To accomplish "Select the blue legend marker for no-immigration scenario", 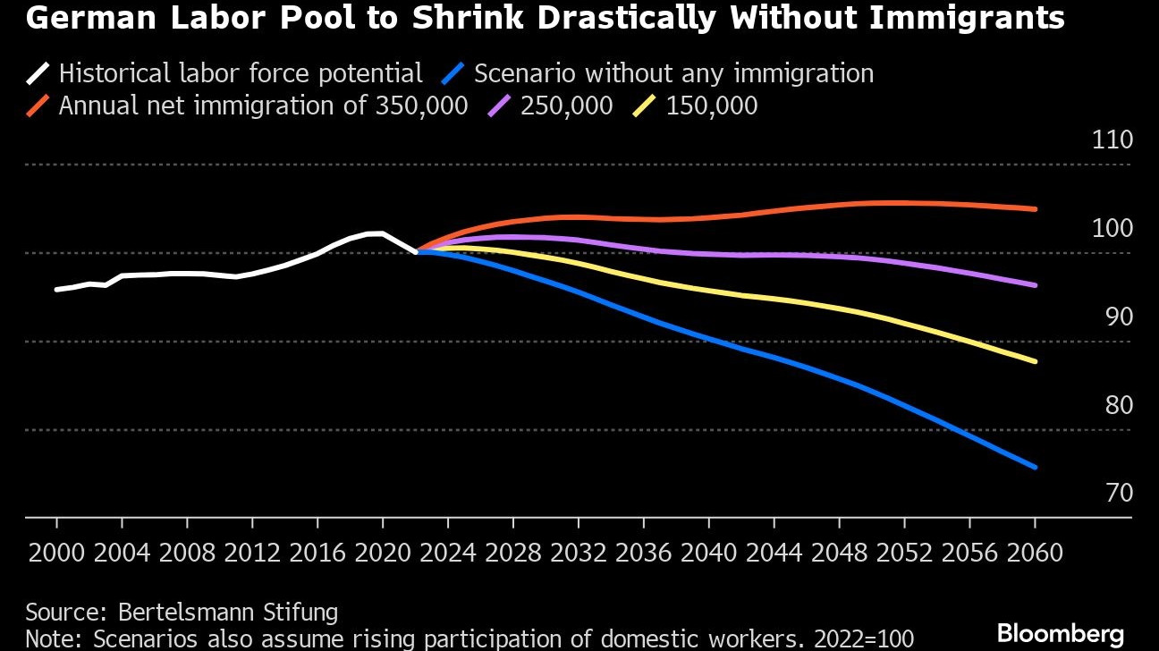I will (x=457, y=73).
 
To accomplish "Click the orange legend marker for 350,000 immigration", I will (x=39, y=106).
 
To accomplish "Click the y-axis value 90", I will (x=1112, y=317).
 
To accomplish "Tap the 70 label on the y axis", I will (x=1112, y=493).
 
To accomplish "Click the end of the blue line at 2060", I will (x=1035, y=467).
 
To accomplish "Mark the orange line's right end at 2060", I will (x=1035, y=209).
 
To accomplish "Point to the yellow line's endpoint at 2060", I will (x=1035, y=361).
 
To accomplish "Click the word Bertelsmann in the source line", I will (x=186, y=613).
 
